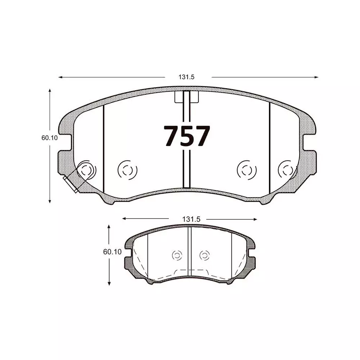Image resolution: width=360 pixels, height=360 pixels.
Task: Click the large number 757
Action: tap(186, 136)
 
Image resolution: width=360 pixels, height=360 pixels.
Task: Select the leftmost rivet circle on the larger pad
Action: tap(86, 170)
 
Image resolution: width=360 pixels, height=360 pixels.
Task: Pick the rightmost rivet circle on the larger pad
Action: tap(287, 169)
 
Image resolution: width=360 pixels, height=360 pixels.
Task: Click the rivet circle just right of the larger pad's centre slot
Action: tap(246, 169)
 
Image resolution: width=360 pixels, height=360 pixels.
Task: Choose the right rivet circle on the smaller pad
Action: tap(204, 255)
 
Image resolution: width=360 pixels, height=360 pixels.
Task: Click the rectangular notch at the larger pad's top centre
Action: tap(186, 97)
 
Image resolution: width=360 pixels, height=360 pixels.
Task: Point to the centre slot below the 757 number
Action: tap(186, 169)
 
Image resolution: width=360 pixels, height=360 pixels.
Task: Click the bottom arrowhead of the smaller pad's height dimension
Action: tap(109, 284)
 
